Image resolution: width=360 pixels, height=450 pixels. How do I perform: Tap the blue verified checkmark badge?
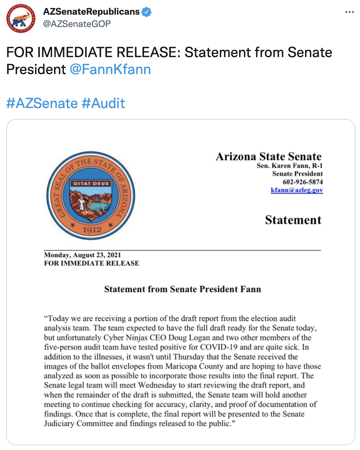[146, 12]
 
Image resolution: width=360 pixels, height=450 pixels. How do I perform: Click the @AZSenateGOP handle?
[77, 24]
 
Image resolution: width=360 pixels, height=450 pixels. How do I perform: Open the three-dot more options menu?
[349, 12]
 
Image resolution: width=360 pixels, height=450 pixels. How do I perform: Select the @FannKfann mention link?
[110, 69]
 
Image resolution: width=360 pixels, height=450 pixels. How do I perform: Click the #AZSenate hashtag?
[42, 103]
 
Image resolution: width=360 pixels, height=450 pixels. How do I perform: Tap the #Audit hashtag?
[103, 103]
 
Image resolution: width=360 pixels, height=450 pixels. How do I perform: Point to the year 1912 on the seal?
[92, 229]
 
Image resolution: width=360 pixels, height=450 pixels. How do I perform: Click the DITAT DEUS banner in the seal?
[92, 183]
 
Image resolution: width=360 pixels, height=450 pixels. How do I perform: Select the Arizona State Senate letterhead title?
[268, 157]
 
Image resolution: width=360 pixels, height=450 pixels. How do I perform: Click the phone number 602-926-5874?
[302, 182]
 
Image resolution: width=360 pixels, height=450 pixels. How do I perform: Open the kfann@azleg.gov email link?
[297, 190]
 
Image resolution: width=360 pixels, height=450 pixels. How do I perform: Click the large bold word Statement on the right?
[293, 220]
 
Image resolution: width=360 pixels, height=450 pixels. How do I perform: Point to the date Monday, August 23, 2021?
[83, 255]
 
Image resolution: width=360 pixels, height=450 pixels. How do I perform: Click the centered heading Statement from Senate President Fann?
[182, 289]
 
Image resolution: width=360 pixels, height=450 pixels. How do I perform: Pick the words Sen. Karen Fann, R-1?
[290, 166]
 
